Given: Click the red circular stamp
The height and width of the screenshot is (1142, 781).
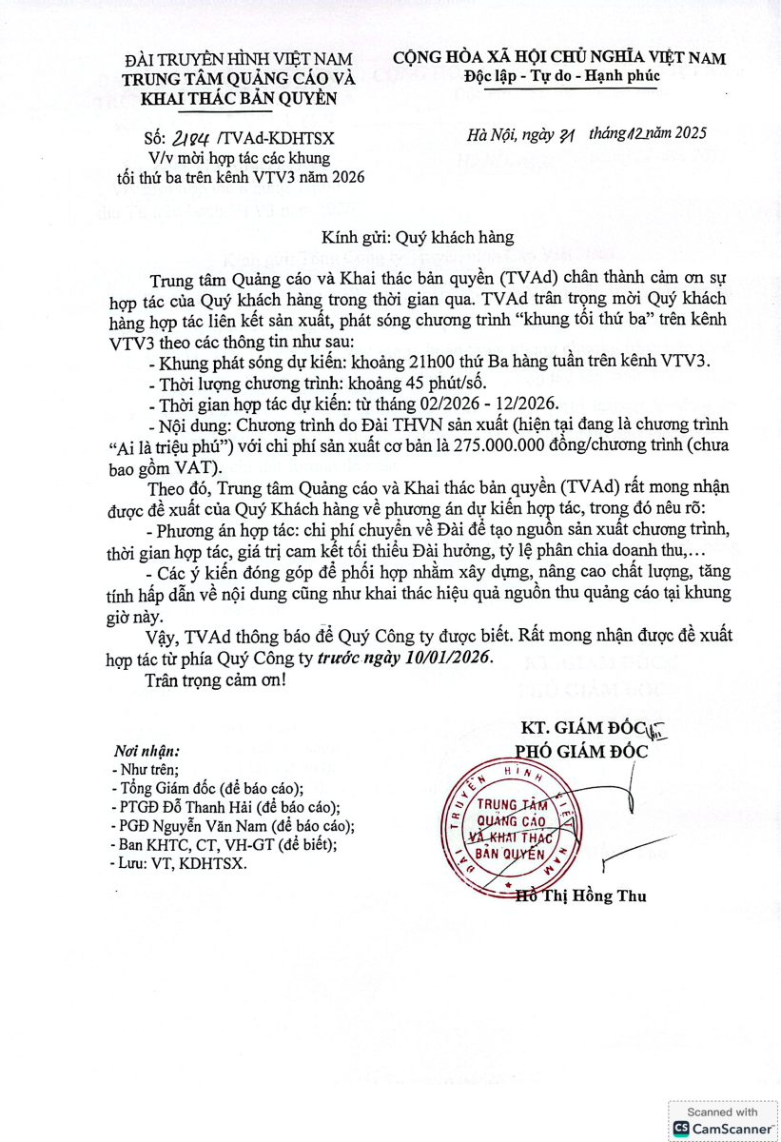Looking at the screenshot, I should coord(512,824).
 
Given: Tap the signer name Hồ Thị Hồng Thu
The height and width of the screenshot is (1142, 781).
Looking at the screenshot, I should coord(579,896).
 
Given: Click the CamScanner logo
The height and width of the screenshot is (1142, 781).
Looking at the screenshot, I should coord(722,1127).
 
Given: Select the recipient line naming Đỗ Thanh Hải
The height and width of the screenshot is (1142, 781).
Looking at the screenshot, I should coord(225,807).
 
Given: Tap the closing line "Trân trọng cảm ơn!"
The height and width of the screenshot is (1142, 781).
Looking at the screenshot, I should coord(215,681).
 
